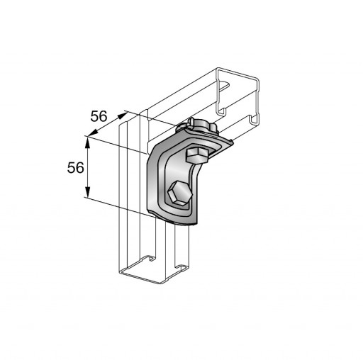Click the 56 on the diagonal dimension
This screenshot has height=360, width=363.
click(99, 116)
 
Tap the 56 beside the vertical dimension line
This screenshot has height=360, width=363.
click(75, 168)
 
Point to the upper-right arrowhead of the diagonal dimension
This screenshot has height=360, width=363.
click(123, 116)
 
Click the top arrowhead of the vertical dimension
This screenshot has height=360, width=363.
click(88, 142)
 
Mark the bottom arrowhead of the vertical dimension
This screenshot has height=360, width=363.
click(88, 191)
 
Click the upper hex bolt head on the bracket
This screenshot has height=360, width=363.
click(196, 155)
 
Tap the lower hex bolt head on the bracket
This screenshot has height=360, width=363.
click(179, 193)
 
